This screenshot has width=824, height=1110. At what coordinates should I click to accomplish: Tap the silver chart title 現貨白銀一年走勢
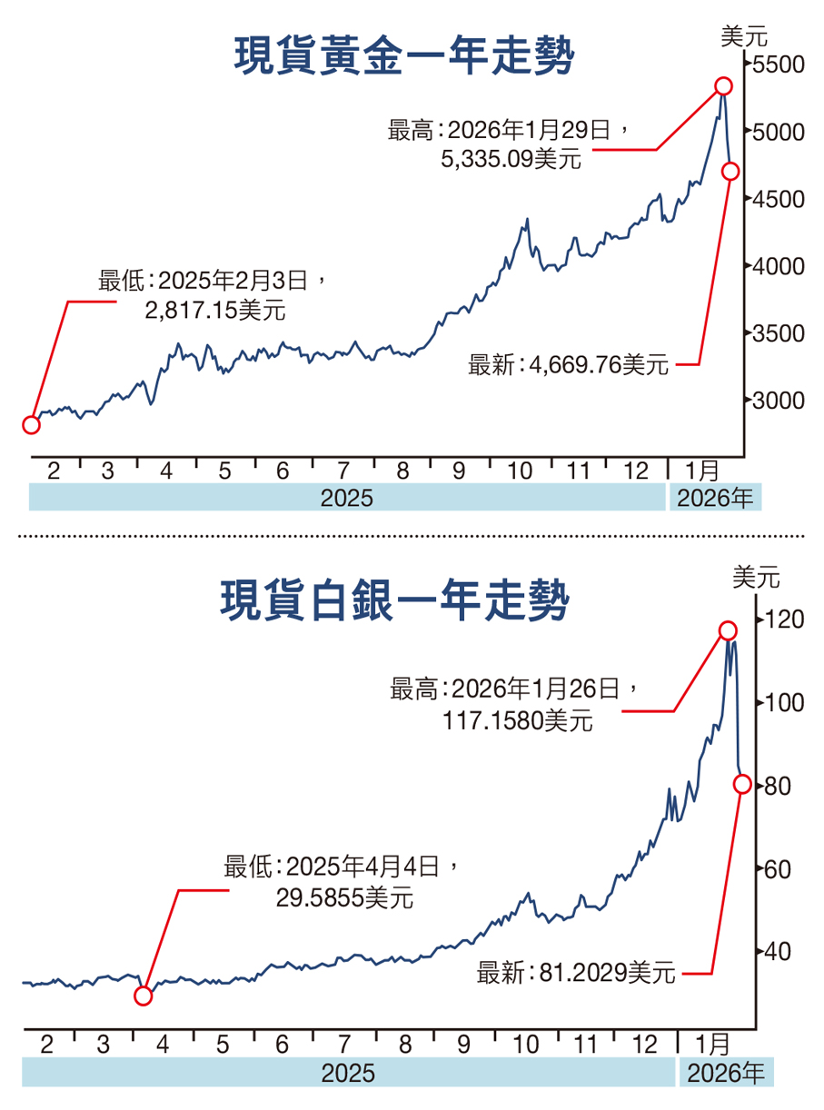pyautogui.click(x=395, y=601)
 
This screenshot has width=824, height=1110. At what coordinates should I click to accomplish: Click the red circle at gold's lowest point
pyautogui.click(x=31, y=424)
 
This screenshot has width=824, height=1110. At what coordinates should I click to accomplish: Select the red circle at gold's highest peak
pyautogui.click(x=723, y=86)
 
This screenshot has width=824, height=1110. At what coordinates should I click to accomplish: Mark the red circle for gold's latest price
pyautogui.click(x=730, y=171)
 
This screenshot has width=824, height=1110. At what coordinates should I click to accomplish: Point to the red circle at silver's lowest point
pyautogui.click(x=144, y=996)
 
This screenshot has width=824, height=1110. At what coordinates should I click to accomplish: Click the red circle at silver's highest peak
pyautogui.click(x=728, y=630)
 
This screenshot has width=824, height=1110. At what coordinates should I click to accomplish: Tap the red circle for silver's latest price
pyautogui.click(x=742, y=784)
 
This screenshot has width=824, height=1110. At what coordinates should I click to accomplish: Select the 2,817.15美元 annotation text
pyautogui.click(x=214, y=310)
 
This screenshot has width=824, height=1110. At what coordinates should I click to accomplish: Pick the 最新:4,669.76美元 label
pyautogui.click(x=569, y=365)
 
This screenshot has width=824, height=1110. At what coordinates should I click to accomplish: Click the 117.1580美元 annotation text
pyautogui.click(x=518, y=721)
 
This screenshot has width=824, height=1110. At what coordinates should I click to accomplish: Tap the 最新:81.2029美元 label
pyautogui.click(x=576, y=974)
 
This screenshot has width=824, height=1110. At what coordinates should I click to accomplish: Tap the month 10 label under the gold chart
pyautogui.click(x=520, y=471)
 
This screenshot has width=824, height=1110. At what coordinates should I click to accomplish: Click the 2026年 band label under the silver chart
pyautogui.click(x=726, y=1074)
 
